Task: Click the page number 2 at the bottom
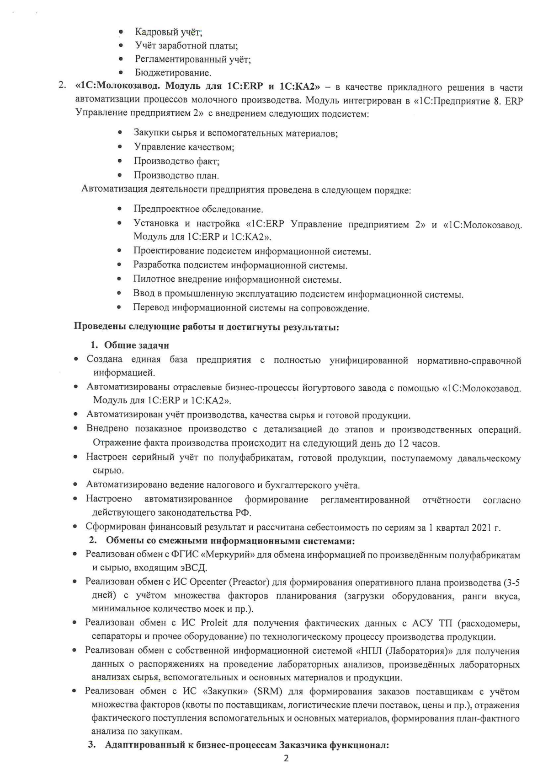pyautogui.click(x=286, y=759)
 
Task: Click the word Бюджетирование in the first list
pyautogui.click(x=173, y=73)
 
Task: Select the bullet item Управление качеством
pyautogui.click(x=184, y=147)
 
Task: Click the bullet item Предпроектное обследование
pyautogui.click(x=198, y=210)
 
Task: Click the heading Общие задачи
pyautogui.click(x=137, y=345)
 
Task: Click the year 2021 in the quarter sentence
pyautogui.click(x=477, y=528)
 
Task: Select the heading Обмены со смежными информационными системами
pyautogui.click(x=230, y=541)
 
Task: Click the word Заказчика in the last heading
pyautogui.click(x=303, y=745)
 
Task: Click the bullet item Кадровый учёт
pyautogui.click(x=168, y=32)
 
